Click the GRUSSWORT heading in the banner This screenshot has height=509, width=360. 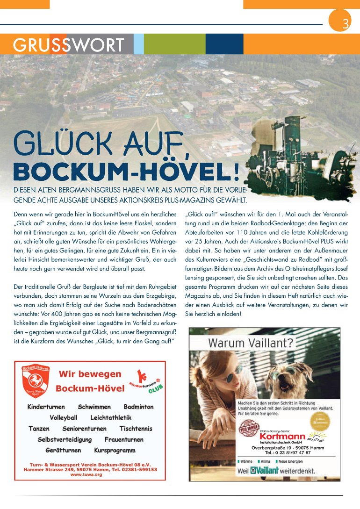pyautogui.click(x=68, y=45)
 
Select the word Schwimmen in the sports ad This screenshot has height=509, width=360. pyautogui.click(x=94, y=407)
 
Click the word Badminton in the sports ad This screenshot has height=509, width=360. pyautogui.click(x=138, y=407)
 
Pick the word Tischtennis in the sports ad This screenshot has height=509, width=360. pyautogui.click(x=136, y=429)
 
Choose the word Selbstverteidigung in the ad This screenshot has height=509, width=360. pyautogui.click(x=65, y=439)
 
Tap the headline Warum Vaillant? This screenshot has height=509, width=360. pyautogui.click(x=251, y=343)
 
